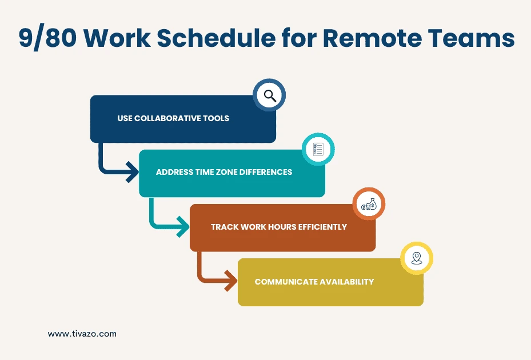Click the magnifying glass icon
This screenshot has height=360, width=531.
(x=269, y=95)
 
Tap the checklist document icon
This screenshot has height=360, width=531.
(x=318, y=150)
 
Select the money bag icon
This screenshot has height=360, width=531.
(x=369, y=204)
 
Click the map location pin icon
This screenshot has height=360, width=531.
(x=416, y=258)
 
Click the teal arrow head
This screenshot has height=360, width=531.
(x=182, y=228)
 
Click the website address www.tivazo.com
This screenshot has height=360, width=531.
(x=82, y=334)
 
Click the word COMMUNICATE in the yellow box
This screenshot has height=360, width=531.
(x=284, y=282)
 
